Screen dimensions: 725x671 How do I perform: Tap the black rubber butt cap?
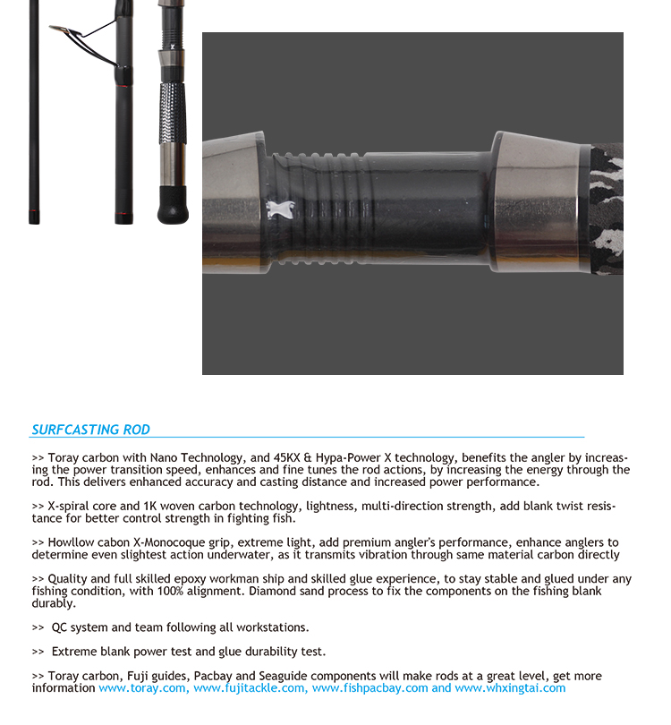click(x=173, y=206)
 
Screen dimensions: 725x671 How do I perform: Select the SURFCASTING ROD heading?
click(x=90, y=430)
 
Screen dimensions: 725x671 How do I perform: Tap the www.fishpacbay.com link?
click(x=369, y=688)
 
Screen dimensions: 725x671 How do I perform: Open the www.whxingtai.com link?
click(x=510, y=688)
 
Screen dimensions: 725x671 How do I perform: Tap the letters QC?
click(x=60, y=627)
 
